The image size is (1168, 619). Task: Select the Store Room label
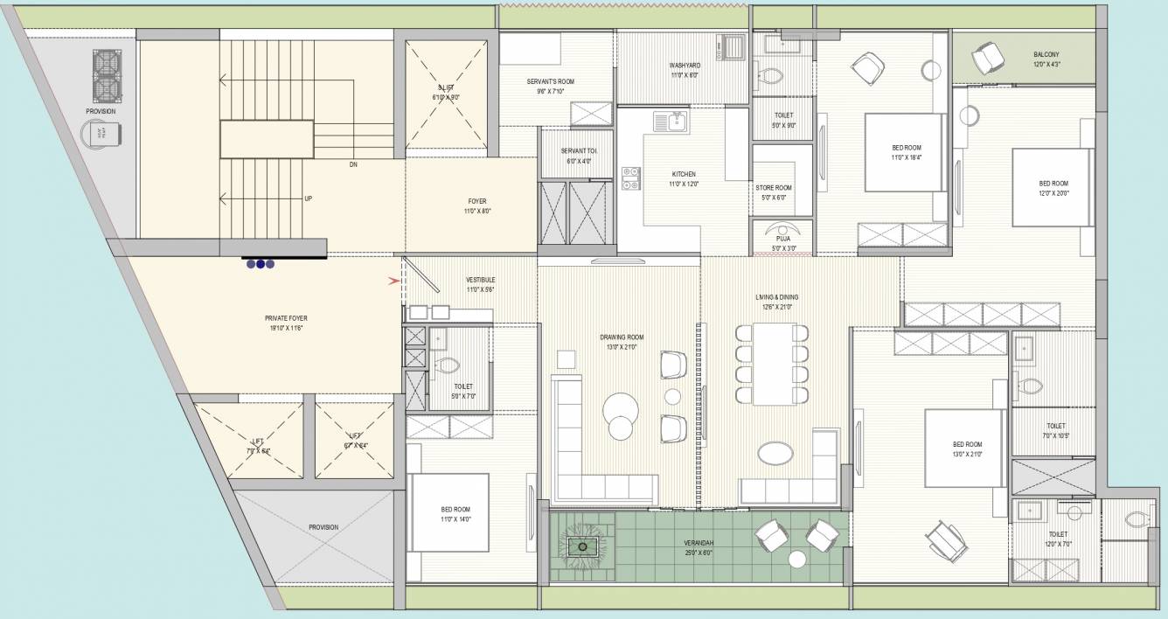coord(773,188)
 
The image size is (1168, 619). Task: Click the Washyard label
coord(683,66)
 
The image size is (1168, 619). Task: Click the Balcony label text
coord(1046,54)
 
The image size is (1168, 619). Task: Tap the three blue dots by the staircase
coord(261,262)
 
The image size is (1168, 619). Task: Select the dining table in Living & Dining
coord(772,364)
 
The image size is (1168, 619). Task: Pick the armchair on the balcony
coord(988,58)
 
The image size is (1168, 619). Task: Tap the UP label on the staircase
coord(308,198)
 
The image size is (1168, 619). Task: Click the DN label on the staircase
coord(353,164)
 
